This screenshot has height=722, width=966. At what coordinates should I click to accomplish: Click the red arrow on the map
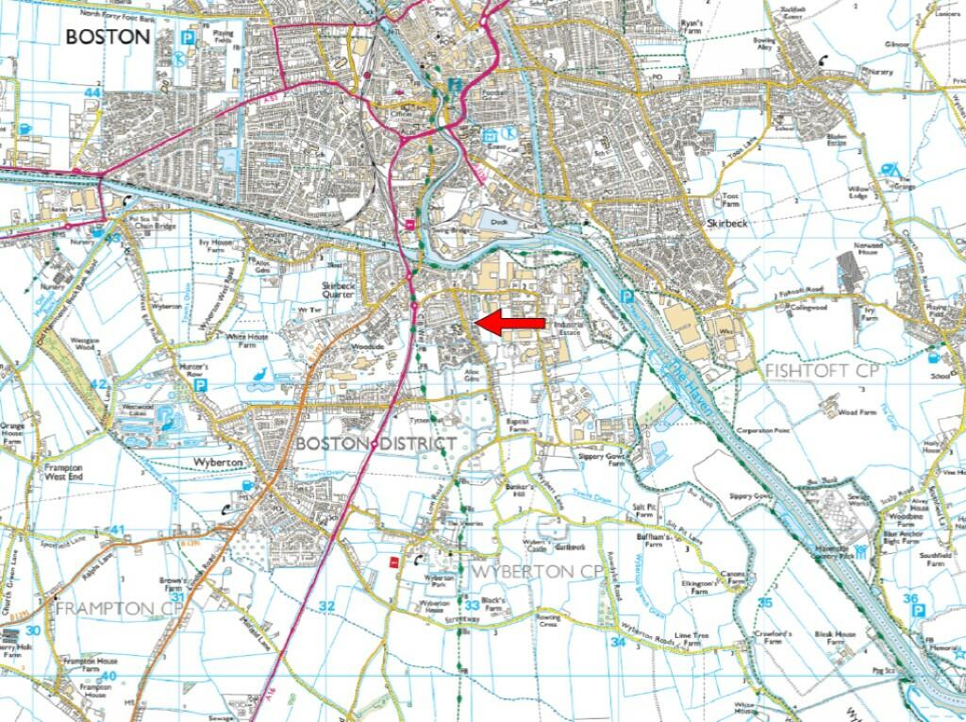[510, 324]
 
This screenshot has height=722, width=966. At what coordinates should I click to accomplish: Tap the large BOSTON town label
[108, 37]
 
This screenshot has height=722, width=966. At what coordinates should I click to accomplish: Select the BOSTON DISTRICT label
[376, 443]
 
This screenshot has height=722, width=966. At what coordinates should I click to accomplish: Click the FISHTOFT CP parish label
[823, 370]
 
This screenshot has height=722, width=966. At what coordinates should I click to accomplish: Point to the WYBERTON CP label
[537, 572]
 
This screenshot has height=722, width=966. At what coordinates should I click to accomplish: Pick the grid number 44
[92, 92]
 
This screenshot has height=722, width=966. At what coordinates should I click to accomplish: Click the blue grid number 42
[98, 384]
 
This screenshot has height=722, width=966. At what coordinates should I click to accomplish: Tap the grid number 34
[618, 642]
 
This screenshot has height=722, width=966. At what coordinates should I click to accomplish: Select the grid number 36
[909, 598]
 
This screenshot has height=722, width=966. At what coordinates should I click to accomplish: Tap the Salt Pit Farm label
[644, 512]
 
